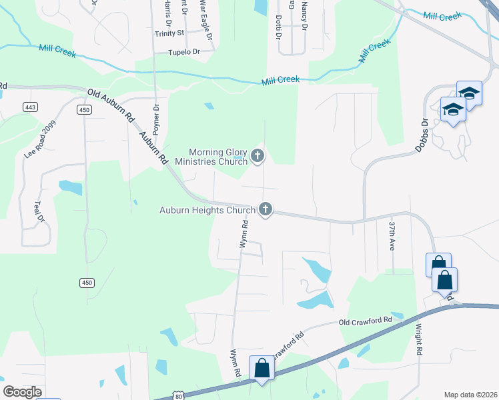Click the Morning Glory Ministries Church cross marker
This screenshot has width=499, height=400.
(x=258, y=157)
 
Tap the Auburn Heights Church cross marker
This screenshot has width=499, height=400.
(x=266, y=209)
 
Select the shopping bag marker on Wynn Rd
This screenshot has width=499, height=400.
(x=261, y=369)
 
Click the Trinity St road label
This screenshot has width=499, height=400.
(x=169, y=33)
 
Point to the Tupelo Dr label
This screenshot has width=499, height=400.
(x=184, y=51)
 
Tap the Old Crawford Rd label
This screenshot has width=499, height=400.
(x=365, y=321)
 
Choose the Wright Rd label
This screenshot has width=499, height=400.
(x=420, y=339)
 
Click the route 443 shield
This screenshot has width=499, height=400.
(x=29, y=107)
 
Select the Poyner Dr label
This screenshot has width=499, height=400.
(x=157, y=117)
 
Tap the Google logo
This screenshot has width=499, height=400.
(x=23, y=391)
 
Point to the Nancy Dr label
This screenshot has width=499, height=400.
(x=304, y=16)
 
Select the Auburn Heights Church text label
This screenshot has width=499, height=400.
(x=207, y=210)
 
